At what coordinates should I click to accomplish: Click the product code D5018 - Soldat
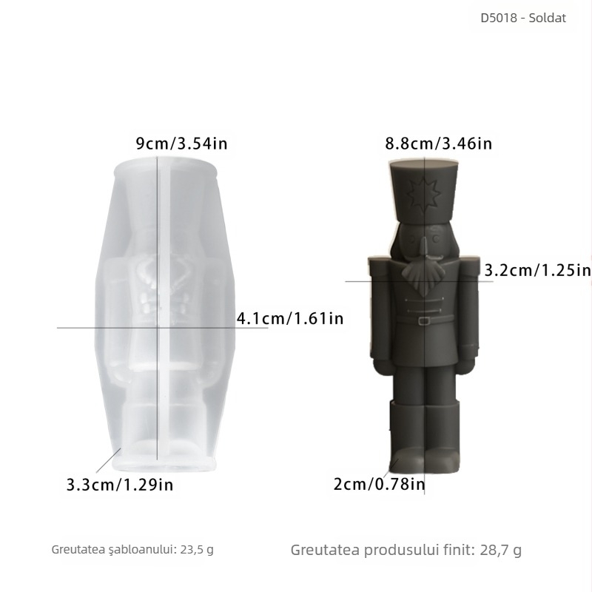click(x=523, y=18)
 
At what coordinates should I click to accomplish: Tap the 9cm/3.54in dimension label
click(x=181, y=144)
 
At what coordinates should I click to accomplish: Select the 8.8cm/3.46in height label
click(x=439, y=144)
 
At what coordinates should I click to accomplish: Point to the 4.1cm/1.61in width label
click(x=290, y=319)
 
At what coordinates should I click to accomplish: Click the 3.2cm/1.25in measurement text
click(x=537, y=271)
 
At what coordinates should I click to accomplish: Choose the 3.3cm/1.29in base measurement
click(x=120, y=485)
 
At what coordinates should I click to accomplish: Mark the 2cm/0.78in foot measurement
click(x=379, y=485)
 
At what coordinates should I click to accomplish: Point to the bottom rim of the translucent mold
click(x=163, y=464)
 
